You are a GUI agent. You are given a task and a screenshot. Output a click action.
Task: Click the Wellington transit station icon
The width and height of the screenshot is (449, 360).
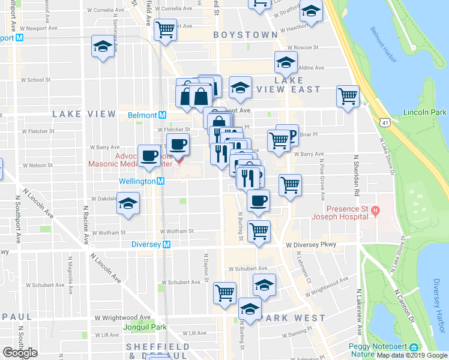pos(161,181)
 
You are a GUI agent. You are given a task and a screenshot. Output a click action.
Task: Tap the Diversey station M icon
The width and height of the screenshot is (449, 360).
pos(167,244)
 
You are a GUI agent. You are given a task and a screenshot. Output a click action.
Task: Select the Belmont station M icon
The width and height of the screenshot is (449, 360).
pos(161,115)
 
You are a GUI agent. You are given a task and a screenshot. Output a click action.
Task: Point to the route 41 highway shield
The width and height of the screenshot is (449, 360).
pos(384,122)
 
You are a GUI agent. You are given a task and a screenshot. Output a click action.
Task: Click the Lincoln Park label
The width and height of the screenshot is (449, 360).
pos(425,112)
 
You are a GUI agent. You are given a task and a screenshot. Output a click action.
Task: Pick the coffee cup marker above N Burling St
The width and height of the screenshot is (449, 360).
pos(258,200)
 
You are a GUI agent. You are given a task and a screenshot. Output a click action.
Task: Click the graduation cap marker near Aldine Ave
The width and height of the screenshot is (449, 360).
pos(286,61)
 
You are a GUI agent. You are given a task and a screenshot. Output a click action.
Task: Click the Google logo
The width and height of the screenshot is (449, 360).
pos(20,353)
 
